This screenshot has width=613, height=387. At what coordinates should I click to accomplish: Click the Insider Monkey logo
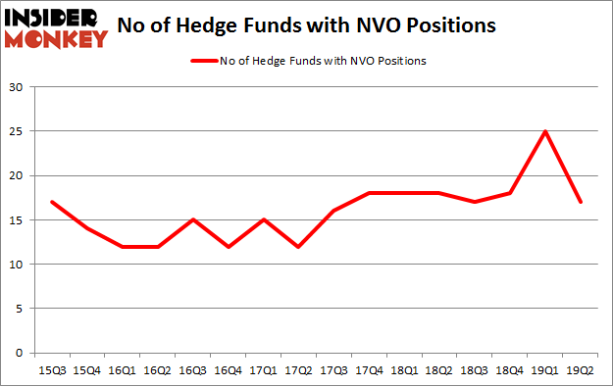coord(56,26)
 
